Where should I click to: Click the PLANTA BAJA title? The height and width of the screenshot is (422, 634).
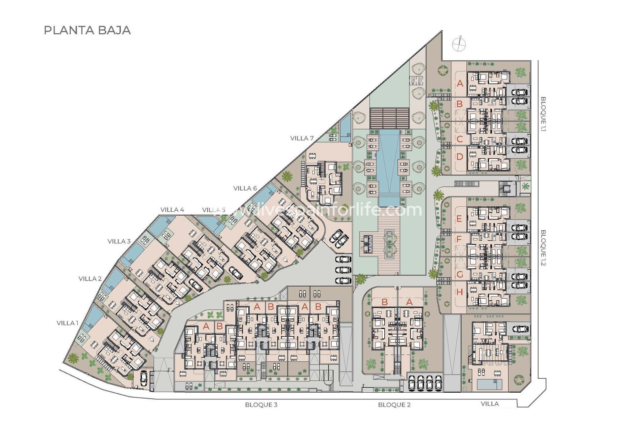87,30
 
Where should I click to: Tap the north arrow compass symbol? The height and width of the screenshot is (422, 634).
459,44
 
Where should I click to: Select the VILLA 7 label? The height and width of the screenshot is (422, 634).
302,138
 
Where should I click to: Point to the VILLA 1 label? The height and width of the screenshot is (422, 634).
67,323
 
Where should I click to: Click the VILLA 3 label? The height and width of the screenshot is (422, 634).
119,241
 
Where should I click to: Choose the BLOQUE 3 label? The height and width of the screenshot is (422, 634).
261,405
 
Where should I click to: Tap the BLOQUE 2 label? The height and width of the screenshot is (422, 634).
394,405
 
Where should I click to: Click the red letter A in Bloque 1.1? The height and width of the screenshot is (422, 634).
460,84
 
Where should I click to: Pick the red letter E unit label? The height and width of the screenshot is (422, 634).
459,219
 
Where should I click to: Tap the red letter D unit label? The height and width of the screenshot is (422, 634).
460,157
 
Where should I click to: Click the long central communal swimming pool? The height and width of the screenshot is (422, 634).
389,165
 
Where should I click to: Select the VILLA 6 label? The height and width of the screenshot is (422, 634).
245,188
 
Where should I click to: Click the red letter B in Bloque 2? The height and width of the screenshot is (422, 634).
384,302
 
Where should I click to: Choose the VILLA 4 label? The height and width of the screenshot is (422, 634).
172,210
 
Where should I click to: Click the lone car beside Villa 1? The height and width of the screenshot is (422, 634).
144,378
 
